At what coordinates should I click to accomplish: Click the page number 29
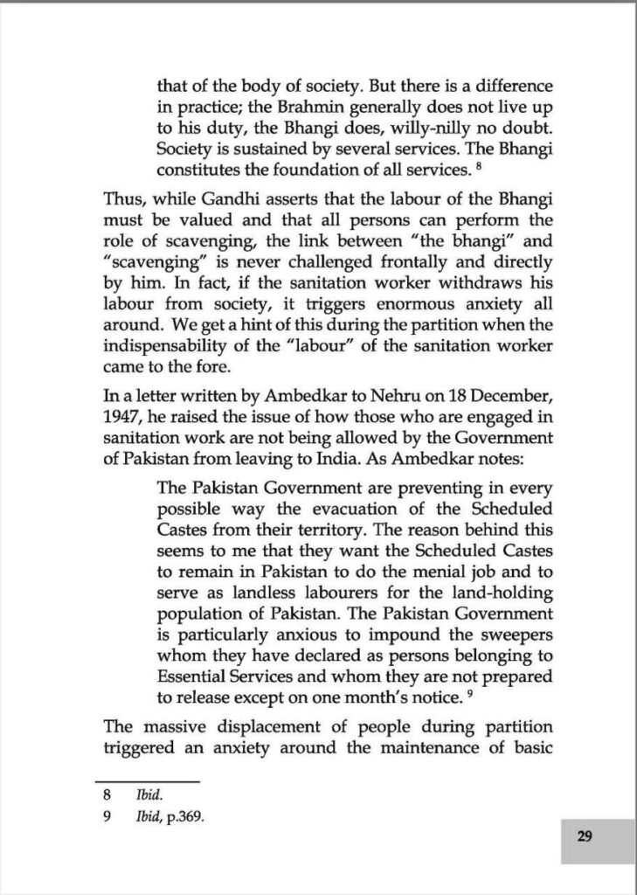click(x=585, y=836)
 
